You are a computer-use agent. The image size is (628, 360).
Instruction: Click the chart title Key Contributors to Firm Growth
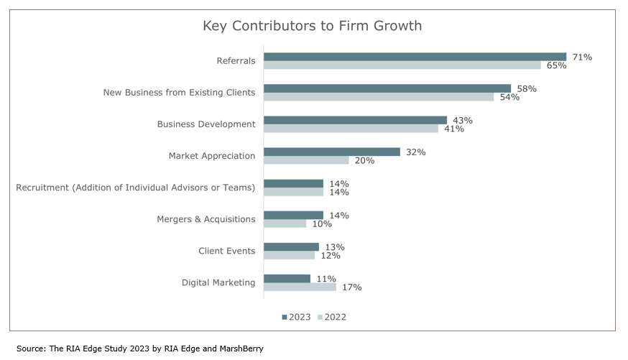[x=312, y=26]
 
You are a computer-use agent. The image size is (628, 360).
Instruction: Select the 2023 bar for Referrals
[x=415, y=57]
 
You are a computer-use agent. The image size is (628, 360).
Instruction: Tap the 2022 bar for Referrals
[x=402, y=65]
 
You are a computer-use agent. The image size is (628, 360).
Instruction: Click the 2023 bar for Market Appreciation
[x=331, y=152]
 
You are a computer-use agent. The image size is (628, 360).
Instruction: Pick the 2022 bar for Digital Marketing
[x=300, y=287]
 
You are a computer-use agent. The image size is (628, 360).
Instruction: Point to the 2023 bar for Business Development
[x=355, y=120]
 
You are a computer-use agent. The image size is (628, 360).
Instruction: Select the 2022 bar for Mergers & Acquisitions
[x=285, y=223]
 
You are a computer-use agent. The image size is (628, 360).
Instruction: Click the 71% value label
[x=582, y=57]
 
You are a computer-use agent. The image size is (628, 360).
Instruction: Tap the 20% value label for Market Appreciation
[x=364, y=160]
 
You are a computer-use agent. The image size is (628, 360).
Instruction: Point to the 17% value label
[x=351, y=287]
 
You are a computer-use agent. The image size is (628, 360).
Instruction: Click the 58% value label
[x=527, y=88]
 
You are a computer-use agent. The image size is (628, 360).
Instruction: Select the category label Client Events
[x=226, y=251]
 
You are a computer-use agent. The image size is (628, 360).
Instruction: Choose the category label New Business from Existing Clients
[x=179, y=93]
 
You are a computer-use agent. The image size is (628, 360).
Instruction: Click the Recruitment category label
[x=136, y=188]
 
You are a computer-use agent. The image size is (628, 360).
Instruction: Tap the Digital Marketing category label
[x=218, y=282]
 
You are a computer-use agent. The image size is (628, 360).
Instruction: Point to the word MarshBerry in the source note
[x=239, y=349]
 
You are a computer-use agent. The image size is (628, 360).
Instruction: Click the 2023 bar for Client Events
[x=291, y=246]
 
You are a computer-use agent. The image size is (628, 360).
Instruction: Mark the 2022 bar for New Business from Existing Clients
[x=379, y=97]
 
